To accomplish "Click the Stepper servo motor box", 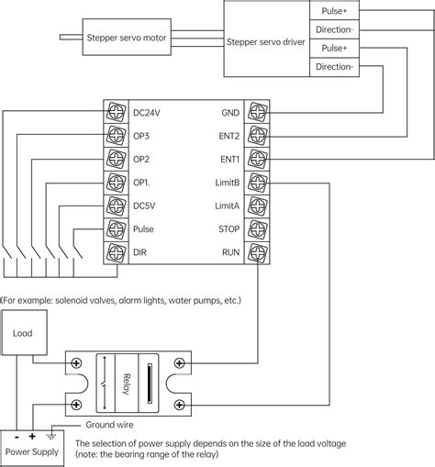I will [x=126, y=39].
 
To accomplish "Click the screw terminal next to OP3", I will [x=116, y=136].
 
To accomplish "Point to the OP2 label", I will [x=141, y=159].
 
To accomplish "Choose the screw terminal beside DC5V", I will [x=116, y=205].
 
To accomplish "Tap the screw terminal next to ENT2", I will [x=259, y=136].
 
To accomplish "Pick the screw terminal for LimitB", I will [x=259, y=182].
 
